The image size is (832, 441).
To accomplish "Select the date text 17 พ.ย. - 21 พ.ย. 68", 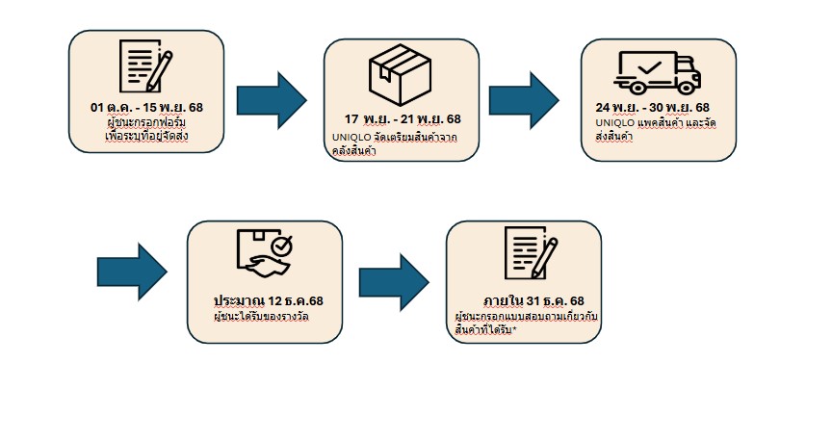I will pyautogui.click(x=402, y=119).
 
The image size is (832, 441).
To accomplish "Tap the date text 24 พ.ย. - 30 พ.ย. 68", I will pyautogui.click(x=653, y=107).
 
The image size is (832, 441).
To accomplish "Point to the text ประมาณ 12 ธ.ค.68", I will pyautogui.click(x=269, y=299).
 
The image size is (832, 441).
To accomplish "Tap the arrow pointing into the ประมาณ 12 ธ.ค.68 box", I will pyautogui.click(x=133, y=272).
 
